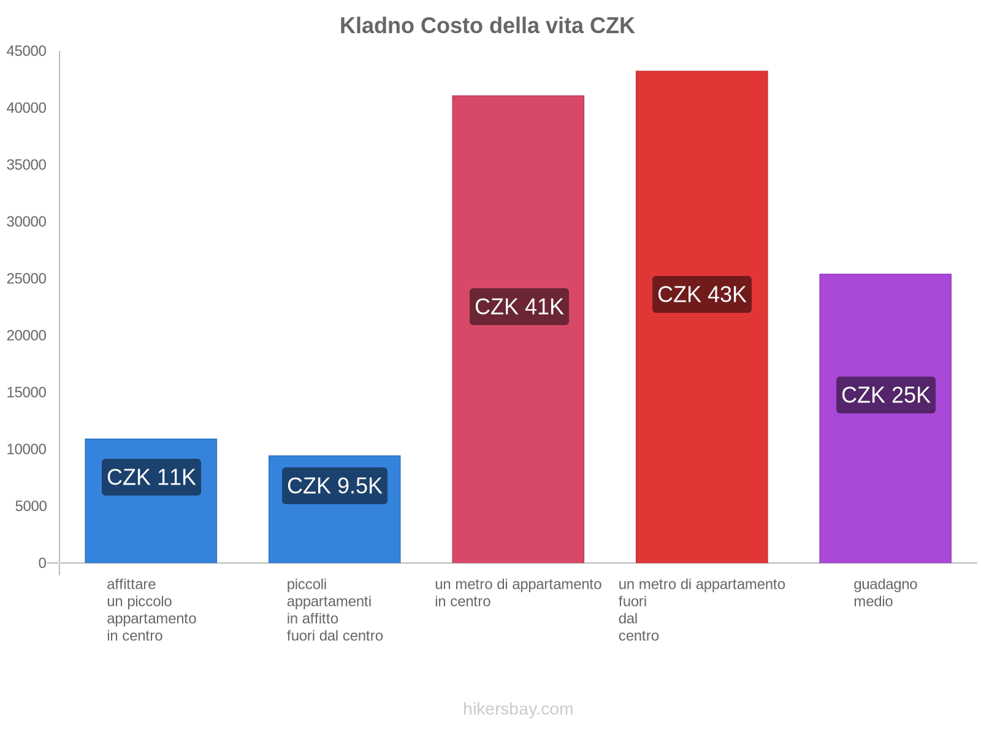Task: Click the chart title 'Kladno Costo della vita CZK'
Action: pos(487,26)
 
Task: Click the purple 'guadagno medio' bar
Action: pos(885,478)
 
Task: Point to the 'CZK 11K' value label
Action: pos(151,477)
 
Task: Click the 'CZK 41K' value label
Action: pos(519,307)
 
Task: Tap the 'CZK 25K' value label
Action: pos(885,395)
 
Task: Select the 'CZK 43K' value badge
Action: pos(701,294)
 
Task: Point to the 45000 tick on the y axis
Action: pos(26,51)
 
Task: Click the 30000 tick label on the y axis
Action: pos(26,221)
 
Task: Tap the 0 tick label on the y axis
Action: pos(42,563)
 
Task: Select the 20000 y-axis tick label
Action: pos(26,335)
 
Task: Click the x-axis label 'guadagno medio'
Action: pos(885,592)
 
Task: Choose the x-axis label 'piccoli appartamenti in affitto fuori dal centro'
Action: pos(335,610)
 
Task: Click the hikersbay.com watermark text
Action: pos(518,709)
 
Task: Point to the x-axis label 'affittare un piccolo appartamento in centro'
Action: pos(151,610)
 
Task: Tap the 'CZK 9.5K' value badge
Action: pos(335,486)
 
